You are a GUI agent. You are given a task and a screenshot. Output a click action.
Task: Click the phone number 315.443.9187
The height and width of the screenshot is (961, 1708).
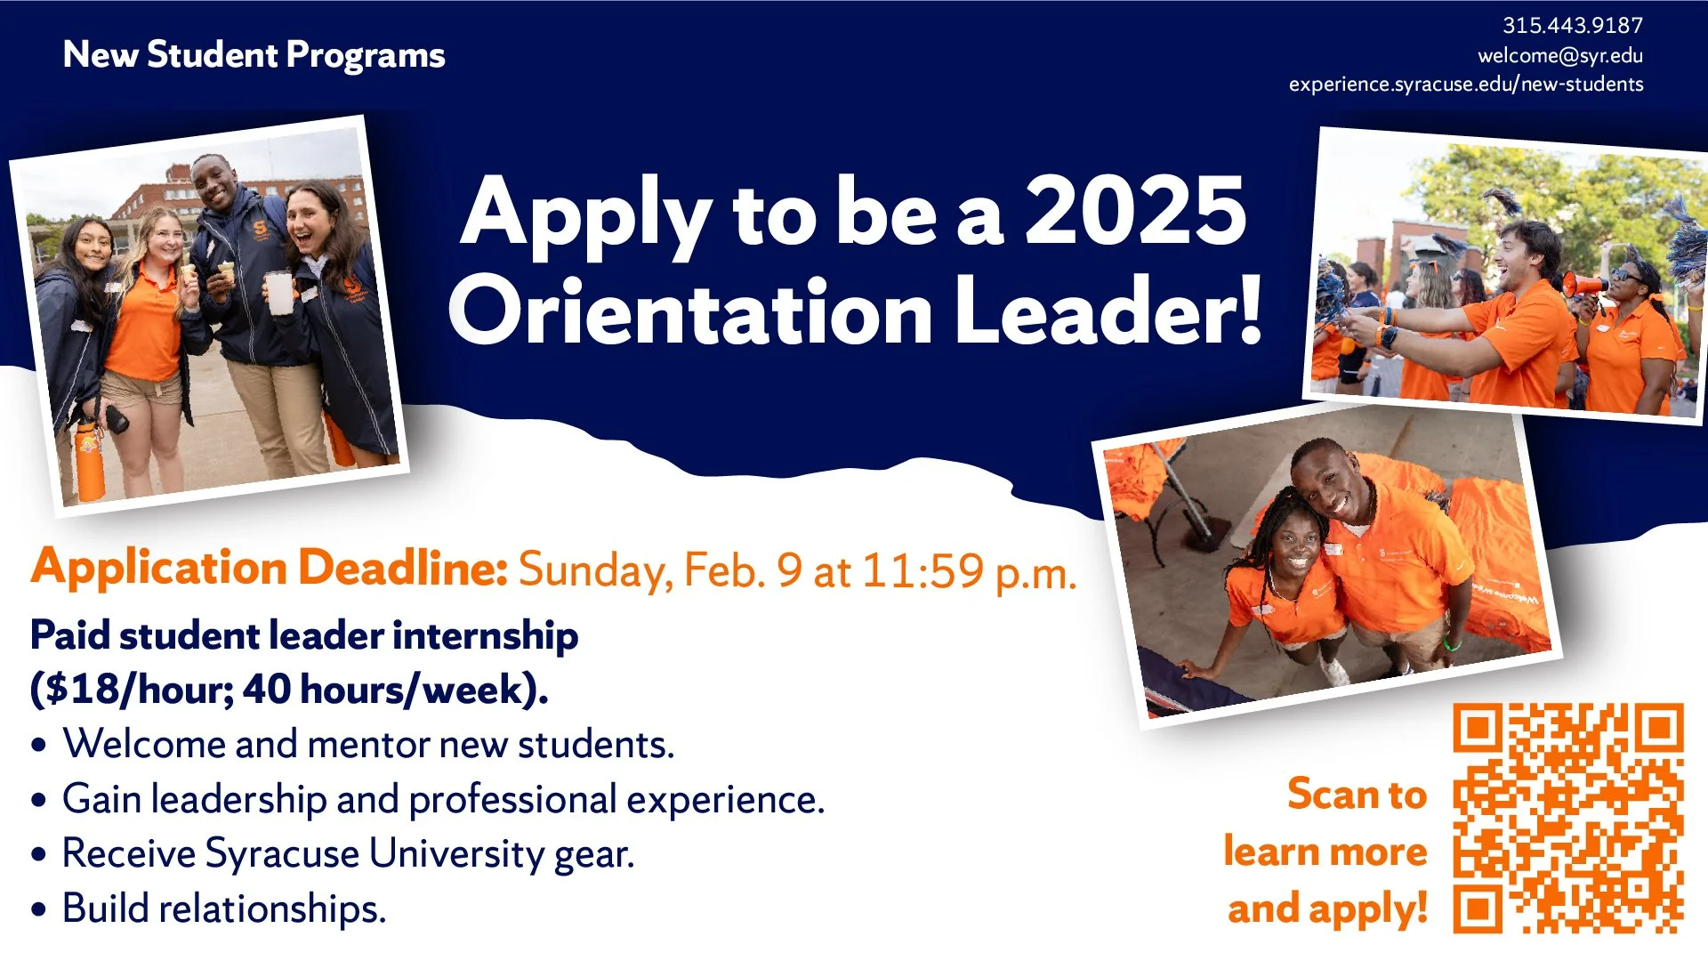point(1572,26)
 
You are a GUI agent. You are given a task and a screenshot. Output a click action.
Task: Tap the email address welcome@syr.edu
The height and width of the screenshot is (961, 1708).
point(1559,55)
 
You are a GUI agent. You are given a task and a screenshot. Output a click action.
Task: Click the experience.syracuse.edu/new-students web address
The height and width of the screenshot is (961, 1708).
point(1465,85)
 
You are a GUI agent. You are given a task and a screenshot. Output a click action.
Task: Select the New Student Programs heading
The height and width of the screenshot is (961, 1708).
point(254,55)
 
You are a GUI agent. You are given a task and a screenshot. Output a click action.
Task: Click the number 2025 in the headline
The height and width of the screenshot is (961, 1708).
point(1135,212)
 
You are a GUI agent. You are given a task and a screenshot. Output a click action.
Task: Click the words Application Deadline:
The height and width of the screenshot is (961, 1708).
point(269,568)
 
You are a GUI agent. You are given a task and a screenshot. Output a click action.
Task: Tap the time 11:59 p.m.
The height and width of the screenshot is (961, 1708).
point(969,572)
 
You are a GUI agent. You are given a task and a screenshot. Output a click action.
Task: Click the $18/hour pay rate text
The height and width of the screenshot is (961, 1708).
point(131,690)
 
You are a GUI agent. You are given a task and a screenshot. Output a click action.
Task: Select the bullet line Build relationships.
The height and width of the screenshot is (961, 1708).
point(223,909)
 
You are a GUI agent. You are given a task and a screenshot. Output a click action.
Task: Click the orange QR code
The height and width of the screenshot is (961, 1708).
point(1567,818)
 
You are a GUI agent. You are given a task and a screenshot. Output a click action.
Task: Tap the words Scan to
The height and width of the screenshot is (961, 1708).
point(1357,794)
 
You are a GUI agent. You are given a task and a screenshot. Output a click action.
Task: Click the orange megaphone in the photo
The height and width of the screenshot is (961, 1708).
point(1583,286)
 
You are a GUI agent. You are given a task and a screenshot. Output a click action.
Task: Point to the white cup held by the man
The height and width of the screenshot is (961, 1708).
point(278,293)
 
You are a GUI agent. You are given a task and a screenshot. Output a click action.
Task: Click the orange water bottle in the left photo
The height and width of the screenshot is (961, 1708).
point(89,460)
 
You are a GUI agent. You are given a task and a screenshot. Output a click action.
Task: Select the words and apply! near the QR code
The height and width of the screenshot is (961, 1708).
point(1326,909)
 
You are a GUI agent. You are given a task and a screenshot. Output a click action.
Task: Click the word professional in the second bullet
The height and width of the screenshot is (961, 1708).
point(512,800)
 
